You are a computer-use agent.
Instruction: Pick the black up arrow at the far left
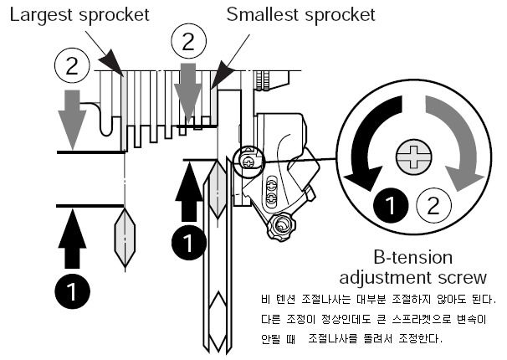click(73, 239)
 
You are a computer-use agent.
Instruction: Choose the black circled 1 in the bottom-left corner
click(74, 292)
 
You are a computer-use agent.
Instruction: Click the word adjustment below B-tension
click(400, 277)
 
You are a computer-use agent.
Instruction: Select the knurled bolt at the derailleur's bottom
click(282, 224)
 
